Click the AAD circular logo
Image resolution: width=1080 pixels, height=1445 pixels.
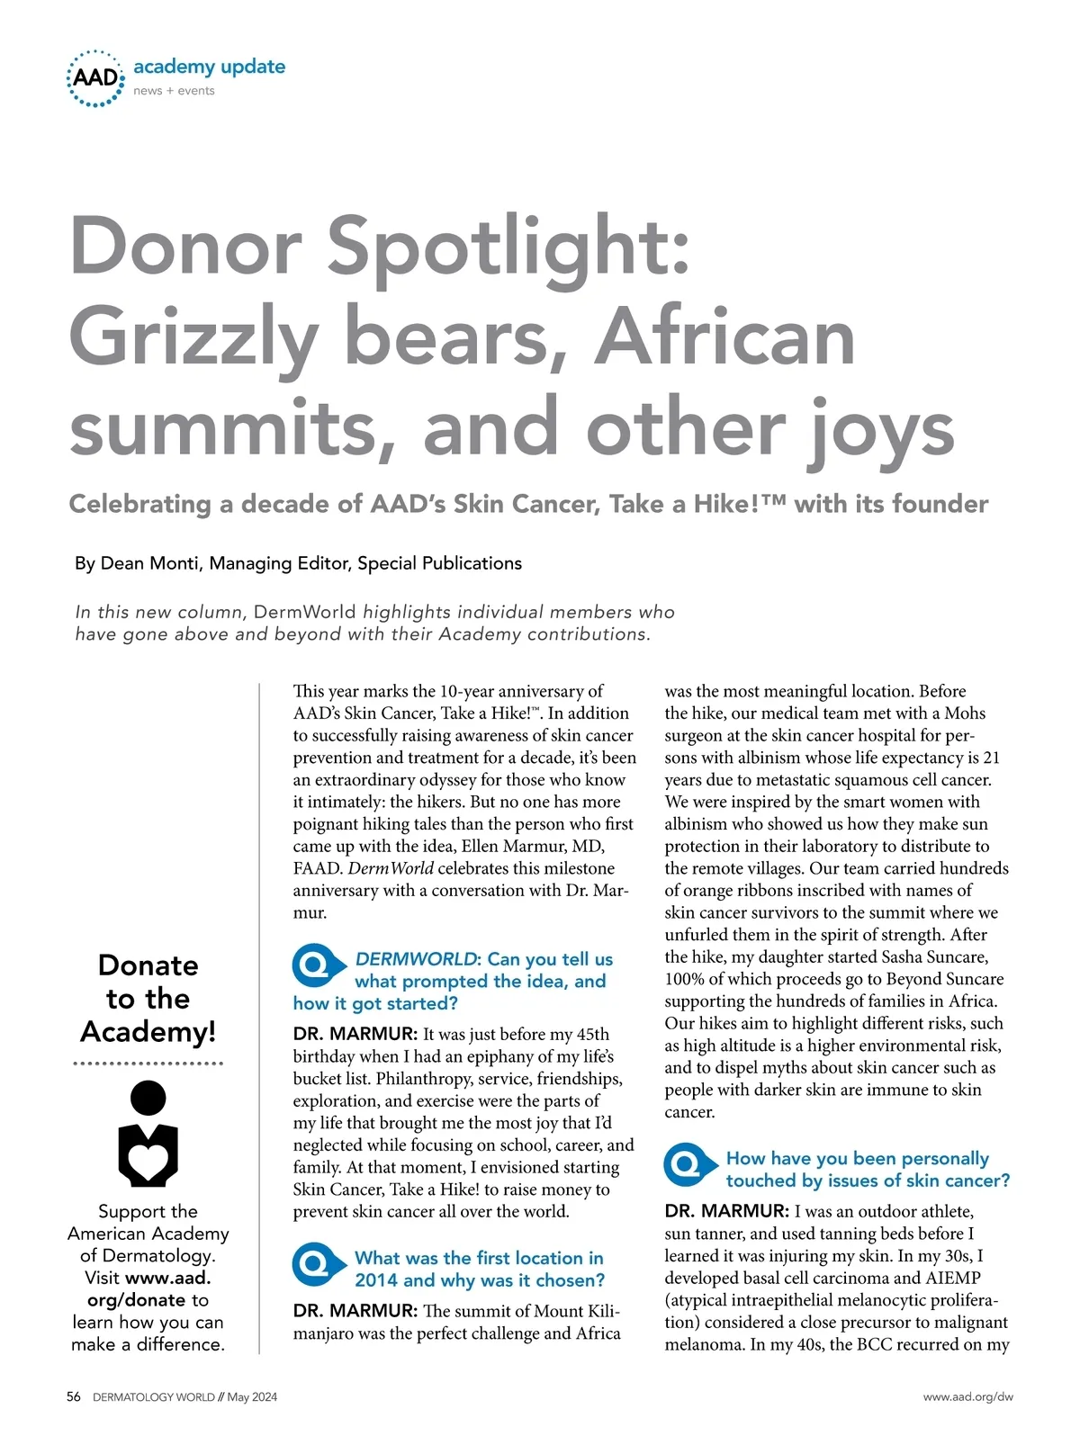pos(95,78)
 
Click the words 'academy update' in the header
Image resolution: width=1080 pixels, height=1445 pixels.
pos(209,67)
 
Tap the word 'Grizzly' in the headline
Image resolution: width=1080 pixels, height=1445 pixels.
pos(193,338)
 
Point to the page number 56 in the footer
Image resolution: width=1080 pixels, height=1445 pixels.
pos(74,1396)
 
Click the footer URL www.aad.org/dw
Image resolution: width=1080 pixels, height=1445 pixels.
pos(967,1396)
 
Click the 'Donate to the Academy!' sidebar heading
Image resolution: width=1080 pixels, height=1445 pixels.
pos(148,998)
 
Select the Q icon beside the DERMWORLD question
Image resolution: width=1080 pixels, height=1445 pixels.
pos(316,966)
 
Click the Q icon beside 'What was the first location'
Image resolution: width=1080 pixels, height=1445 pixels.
pos(316,1265)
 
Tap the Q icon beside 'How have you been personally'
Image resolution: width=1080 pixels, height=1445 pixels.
pos(688,1165)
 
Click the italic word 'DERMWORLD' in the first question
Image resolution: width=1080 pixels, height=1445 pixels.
pos(415,959)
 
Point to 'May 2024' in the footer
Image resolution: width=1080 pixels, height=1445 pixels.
pos(252,1396)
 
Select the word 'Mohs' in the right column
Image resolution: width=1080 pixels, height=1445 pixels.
pos(965,714)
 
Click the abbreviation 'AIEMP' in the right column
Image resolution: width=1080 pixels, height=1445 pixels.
pos(953,1278)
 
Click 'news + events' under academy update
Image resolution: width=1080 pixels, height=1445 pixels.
pos(174,91)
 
